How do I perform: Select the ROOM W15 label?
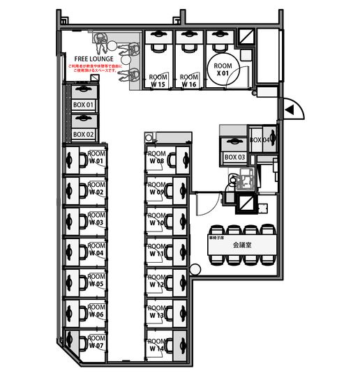pyautogui.click(x=158, y=81)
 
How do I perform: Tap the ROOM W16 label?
pyautogui.click(x=188, y=81)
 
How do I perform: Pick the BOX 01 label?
pyautogui.click(x=83, y=105)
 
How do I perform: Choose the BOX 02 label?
pyautogui.click(x=83, y=134)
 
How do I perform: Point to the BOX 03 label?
pyautogui.click(x=235, y=158)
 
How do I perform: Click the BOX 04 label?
pyautogui.click(x=260, y=140)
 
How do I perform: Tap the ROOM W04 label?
pyautogui.click(x=96, y=250)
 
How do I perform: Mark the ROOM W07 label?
pyautogui.click(x=96, y=342)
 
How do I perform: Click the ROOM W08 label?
pyautogui.click(x=156, y=158)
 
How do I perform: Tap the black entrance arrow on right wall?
pyautogui.click(x=286, y=109)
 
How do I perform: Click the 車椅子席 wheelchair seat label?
pyautogui.click(x=217, y=239)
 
